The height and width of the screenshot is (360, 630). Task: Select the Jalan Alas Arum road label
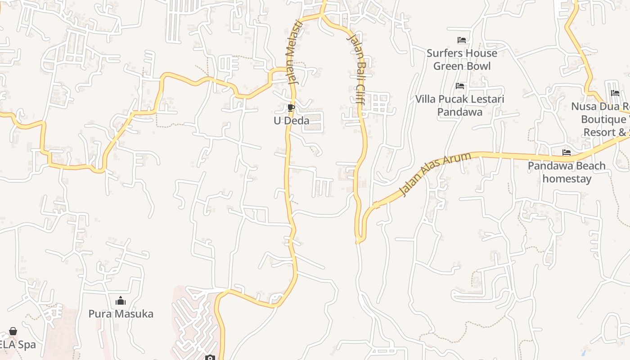pos(435,174)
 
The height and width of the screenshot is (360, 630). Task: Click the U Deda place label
pos(292,121)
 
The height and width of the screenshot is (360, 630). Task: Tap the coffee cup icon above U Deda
pos(291,108)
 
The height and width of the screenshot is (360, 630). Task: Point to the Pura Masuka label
pos(121,314)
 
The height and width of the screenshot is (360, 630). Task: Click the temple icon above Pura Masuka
pos(121,301)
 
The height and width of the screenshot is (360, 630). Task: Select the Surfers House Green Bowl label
pos(462,59)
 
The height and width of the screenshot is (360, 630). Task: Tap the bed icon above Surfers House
pos(461,40)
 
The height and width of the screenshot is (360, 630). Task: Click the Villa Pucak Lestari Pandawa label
pos(460,105)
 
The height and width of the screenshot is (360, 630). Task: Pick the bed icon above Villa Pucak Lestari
pos(460,85)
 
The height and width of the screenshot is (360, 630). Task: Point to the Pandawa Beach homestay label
pos(567,172)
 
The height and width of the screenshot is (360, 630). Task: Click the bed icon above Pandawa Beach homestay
pos(567,153)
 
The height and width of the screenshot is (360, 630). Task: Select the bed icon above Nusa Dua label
pos(615,93)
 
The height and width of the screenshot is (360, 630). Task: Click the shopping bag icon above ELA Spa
pos(13,332)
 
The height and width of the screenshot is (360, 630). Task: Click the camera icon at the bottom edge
pos(210,358)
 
